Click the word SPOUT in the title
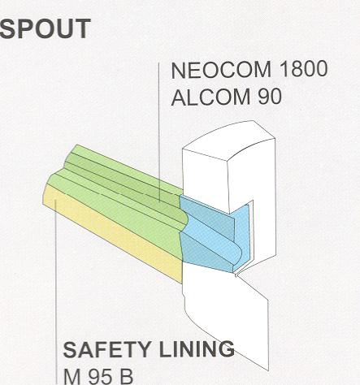tap(45, 28)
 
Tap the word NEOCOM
tap(221, 70)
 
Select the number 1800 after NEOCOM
tap(303, 69)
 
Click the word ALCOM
tap(210, 97)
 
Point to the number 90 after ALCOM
tap(270, 97)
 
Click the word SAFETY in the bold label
tap(106, 349)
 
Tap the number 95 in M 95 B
tap(98, 376)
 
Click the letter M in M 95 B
tap(72, 377)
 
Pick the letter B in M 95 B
tap(125, 377)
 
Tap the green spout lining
tap(119, 195)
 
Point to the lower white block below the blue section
tap(225, 309)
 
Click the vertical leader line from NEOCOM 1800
tap(159, 132)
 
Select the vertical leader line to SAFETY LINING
tap(56, 292)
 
